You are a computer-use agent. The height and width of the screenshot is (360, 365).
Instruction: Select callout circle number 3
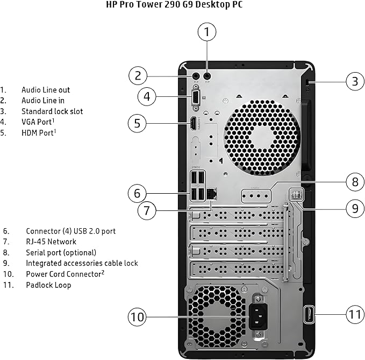tap(354, 82)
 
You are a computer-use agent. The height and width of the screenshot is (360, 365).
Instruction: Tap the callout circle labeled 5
tap(138, 124)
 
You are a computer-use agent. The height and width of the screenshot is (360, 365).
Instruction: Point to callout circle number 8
tap(355, 181)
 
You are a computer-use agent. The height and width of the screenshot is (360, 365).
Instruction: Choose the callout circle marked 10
tap(138, 317)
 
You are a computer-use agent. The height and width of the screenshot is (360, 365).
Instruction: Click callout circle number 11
tap(354, 314)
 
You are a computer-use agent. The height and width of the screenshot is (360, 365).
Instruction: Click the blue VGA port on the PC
tap(196, 98)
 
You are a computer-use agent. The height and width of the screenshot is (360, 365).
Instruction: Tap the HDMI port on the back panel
tap(192, 124)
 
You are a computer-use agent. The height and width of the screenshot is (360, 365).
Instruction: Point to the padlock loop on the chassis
tap(310, 314)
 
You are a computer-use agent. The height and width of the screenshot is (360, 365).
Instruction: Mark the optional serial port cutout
tap(256, 196)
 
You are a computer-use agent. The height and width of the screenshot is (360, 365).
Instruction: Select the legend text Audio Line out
tap(45, 90)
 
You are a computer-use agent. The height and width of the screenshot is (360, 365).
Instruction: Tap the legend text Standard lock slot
tap(52, 111)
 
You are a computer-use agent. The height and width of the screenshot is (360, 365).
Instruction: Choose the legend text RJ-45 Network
tap(51, 242)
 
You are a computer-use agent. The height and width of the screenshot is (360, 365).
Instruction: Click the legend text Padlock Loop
tap(48, 285)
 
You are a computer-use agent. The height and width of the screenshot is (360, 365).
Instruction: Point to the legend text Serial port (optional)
tap(61, 252)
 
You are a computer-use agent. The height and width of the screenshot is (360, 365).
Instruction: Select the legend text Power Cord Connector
tap(63, 274)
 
